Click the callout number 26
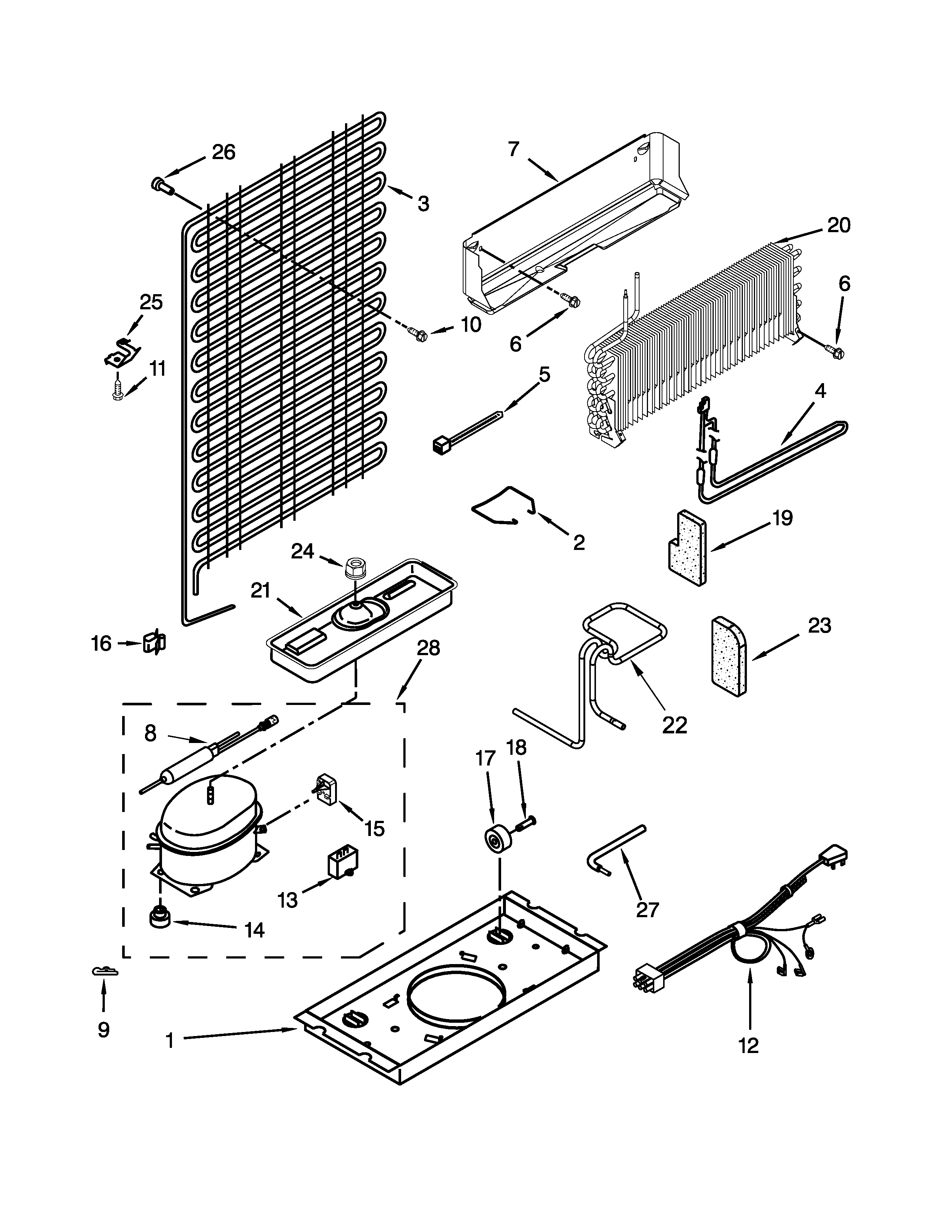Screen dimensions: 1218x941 coord(224,152)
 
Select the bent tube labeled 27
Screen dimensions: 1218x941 coord(615,849)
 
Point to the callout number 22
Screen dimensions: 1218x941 coord(675,725)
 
